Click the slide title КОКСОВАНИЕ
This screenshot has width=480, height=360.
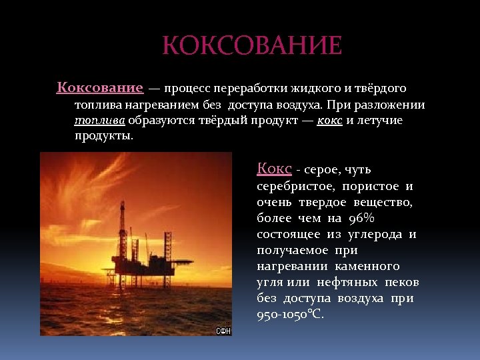[x=252, y=46]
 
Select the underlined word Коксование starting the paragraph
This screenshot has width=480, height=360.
[x=100, y=88]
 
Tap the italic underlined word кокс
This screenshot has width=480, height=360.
[x=331, y=121]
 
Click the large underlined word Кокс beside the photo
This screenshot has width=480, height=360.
[x=274, y=169]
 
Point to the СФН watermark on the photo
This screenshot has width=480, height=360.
[x=223, y=331]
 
